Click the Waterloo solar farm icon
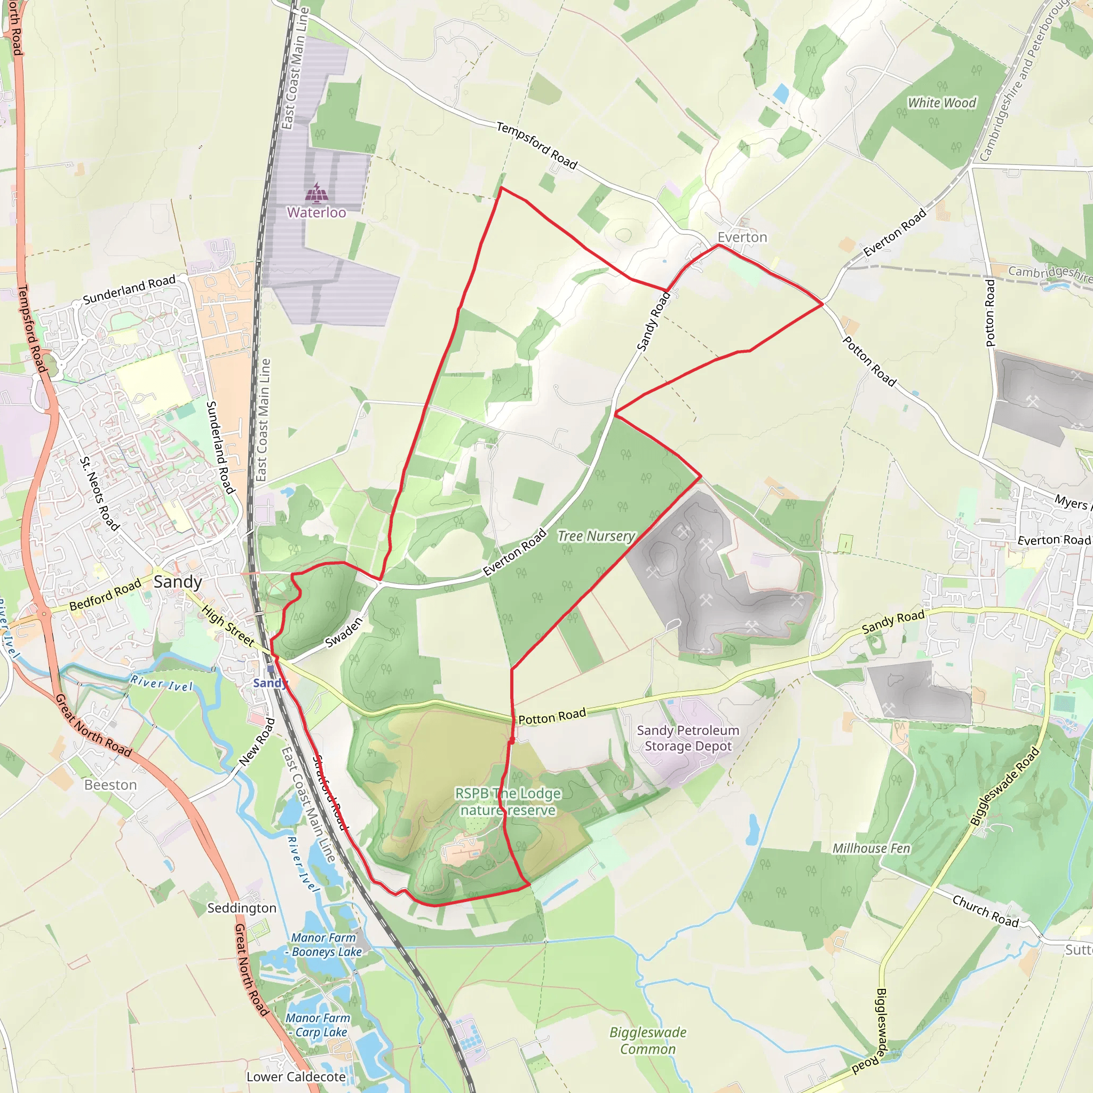coord(317,194)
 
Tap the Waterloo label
coord(316,213)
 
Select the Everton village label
coord(742,237)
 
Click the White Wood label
coord(942,103)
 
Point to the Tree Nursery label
coord(596,536)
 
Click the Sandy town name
coord(178,582)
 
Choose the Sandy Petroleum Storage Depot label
coord(688,738)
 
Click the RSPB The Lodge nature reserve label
coord(508,802)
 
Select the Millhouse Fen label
coord(871,849)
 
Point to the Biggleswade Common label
coord(648,1041)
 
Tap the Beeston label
coord(111,785)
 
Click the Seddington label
coord(242,908)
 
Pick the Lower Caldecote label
coord(296,1077)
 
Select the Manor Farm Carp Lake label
coord(319,1025)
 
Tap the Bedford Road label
coord(105,595)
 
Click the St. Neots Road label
coord(100,494)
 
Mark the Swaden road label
coord(343,632)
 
